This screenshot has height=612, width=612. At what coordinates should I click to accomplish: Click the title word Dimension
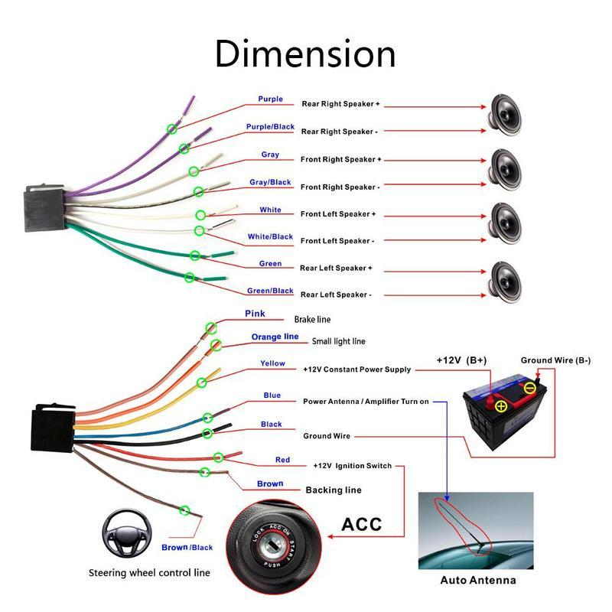tap(305, 54)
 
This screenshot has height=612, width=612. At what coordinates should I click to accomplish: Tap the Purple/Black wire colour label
tap(270, 127)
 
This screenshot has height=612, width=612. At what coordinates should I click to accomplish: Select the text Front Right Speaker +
tap(340, 159)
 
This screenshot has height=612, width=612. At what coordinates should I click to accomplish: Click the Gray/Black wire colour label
tap(270, 183)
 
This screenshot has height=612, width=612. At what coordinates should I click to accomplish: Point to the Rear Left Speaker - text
tap(336, 295)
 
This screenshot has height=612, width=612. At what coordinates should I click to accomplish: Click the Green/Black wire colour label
tap(270, 291)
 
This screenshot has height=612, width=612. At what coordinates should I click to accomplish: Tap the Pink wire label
tap(255, 314)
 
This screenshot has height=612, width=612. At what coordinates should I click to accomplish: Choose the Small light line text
tap(339, 341)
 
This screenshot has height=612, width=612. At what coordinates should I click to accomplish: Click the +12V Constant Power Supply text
tap(356, 369)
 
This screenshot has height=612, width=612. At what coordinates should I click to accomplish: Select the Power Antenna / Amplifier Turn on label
tap(366, 401)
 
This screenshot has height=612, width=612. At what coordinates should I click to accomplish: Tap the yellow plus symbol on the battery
tap(501, 406)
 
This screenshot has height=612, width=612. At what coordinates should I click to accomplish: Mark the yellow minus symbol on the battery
tap(530, 388)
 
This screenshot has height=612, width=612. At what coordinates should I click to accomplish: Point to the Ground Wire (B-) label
tap(555, 360)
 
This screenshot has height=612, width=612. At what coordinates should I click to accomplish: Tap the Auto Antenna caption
tap(477, 580)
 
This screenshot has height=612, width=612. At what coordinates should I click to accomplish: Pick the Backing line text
tap(334, 490)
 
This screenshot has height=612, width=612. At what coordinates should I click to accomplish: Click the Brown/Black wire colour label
tap(187, 548)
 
